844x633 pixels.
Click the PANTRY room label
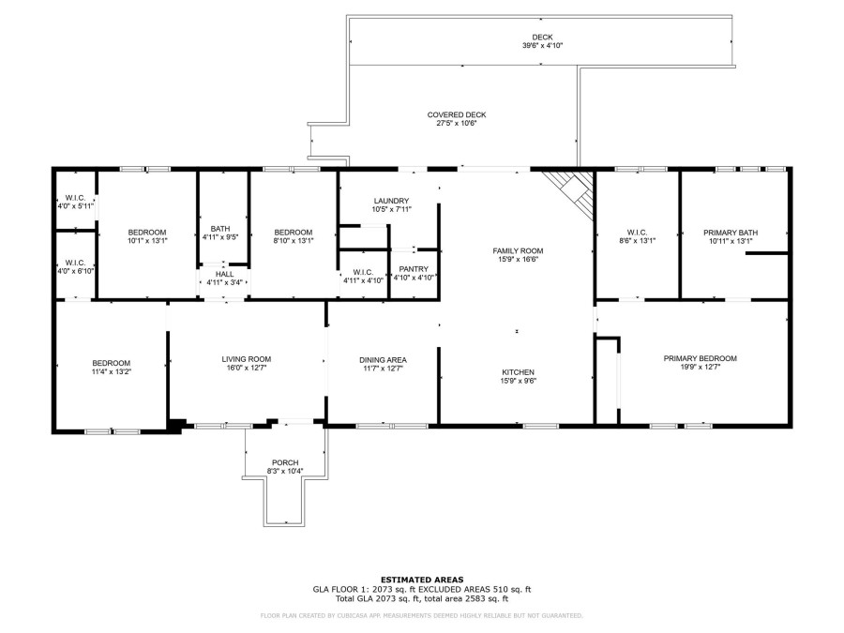point(414,269)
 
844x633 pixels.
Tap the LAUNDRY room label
point(391,201)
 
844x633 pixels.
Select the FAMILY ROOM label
point(518,250)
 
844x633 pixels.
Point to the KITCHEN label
point(518,372)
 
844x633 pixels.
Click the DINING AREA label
point(384,360)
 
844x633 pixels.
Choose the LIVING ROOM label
point(247,359)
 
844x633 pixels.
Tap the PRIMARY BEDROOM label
point(701,358)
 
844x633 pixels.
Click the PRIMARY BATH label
point(731,233)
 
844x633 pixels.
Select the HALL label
point(224,274)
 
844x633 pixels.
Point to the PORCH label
point(285,463)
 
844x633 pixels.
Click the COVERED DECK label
point(457,114)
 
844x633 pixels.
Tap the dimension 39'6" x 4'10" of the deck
point(543,46)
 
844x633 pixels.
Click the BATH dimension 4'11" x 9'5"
point(220,237)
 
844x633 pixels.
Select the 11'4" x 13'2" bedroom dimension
point(112,371)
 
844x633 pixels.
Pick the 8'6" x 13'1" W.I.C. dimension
point(638,241)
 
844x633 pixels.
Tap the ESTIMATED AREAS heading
point(422,580)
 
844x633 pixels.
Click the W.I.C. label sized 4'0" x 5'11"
point(75,198)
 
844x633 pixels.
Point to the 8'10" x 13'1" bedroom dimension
point(294,241)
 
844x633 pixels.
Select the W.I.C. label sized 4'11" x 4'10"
point(363,272)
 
